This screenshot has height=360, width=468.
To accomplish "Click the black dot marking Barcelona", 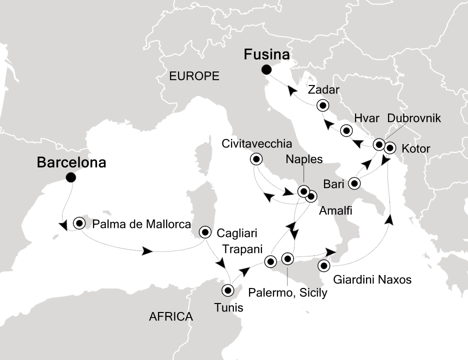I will tap(71, 176).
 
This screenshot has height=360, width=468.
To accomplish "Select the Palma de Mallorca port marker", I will tap(79, 223).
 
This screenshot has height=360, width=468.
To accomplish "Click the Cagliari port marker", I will tap(205, 232).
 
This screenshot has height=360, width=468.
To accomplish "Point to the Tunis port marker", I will tap(227, 290).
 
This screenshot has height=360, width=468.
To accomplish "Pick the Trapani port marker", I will tap(270, 261).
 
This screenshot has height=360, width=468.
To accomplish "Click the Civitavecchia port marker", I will tap(256, 159).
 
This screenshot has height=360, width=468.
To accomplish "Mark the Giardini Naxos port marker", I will tap(324, 265).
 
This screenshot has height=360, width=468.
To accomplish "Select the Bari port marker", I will tap(354, 183).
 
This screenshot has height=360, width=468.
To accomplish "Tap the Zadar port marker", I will tap(323, 105).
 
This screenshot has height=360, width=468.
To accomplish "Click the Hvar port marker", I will tap(346, 131).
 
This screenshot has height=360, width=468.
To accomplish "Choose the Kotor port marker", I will tap(390, 148).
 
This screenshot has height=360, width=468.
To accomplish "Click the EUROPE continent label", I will tap(194, 76).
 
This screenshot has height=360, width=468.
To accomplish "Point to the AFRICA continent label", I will tap(171, 316).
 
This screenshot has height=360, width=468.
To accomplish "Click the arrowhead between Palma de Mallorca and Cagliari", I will tap(146, 251).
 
